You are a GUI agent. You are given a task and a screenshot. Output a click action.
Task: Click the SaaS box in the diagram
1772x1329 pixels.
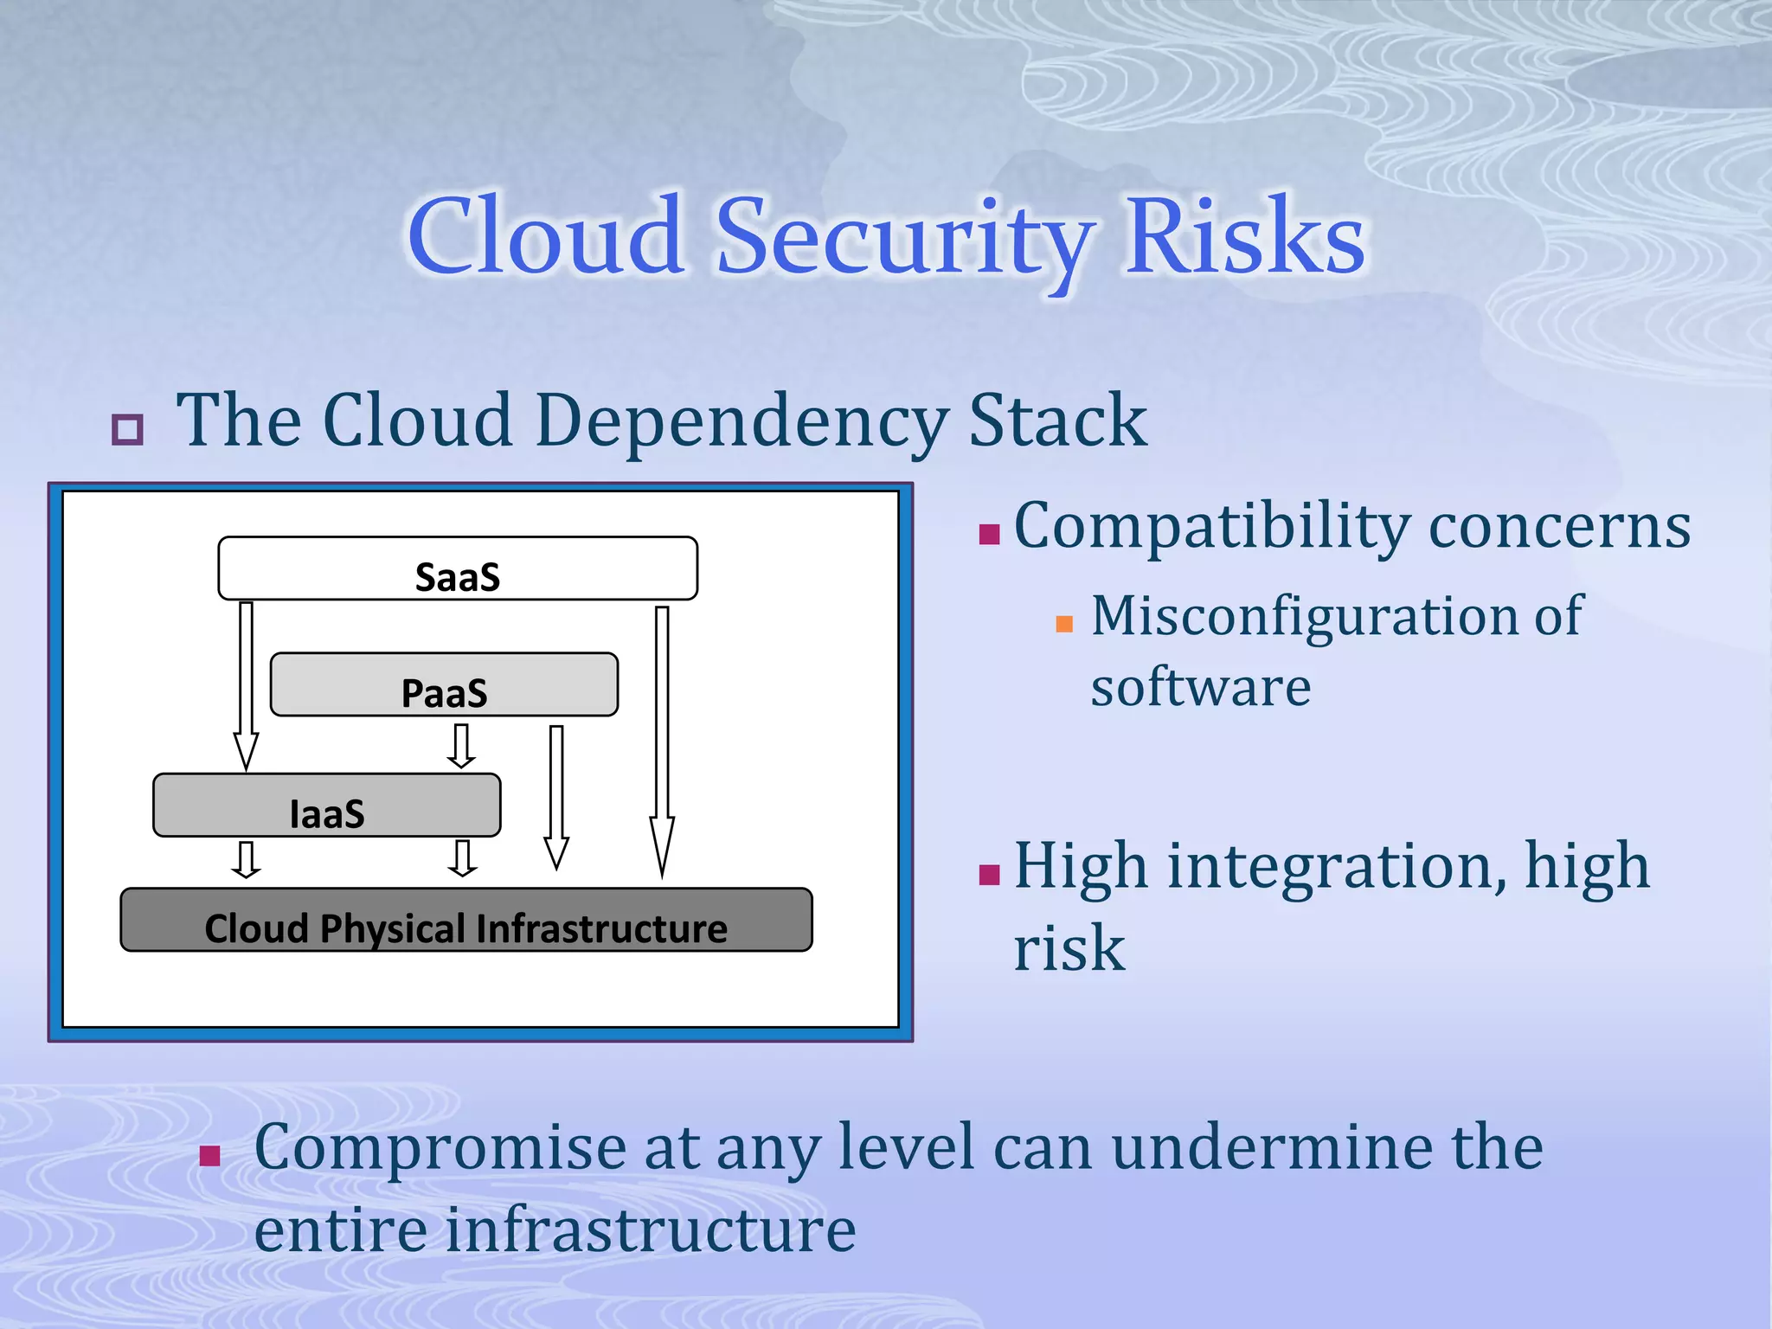click(458, 568)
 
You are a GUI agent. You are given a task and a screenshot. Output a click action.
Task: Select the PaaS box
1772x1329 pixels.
click(444, 684)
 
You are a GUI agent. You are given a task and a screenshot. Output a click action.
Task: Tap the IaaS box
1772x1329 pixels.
click(326, 806)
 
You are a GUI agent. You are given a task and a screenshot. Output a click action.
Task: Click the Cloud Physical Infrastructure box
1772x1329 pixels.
click(466, 921)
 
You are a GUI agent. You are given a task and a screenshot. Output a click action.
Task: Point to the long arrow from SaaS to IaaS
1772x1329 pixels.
click(247, 684)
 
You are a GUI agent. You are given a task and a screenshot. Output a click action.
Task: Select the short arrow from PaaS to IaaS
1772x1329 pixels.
click(461, 746)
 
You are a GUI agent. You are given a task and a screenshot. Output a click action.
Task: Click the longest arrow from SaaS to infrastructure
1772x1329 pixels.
click(663, 735)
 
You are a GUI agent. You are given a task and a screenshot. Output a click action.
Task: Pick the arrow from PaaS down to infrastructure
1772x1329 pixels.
click(556, 796)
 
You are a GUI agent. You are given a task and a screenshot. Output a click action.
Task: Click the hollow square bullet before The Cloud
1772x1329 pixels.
click(127, 429)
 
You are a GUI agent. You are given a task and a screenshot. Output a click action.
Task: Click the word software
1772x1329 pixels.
click(1200, 688)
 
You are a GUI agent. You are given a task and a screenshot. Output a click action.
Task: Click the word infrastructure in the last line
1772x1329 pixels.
click(650, 1230)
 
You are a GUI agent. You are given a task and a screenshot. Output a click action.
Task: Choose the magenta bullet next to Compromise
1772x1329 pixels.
click(209, 1156)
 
